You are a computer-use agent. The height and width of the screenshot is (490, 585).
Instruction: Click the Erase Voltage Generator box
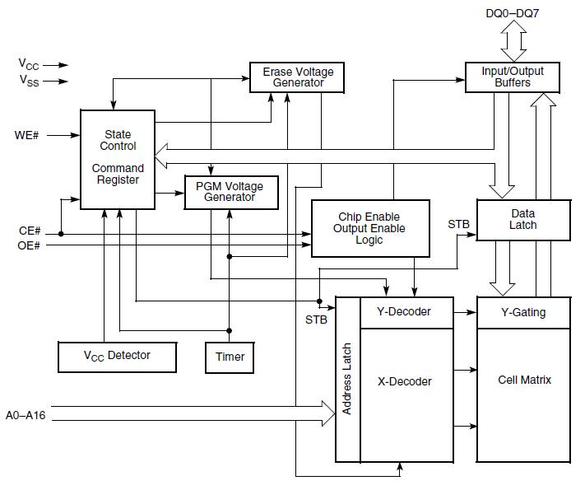(x=298, y=77)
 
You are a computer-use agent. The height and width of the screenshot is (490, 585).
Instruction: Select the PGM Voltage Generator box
(x=230, y=192)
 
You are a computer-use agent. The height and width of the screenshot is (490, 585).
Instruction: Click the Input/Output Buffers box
(x=517, y=77)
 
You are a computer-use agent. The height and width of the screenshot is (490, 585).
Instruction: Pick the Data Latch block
(x=522, y=219)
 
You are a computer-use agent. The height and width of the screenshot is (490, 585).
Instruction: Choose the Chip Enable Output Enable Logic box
(x=370, y=228)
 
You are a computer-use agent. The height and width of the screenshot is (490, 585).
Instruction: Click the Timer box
(x=230, y=357)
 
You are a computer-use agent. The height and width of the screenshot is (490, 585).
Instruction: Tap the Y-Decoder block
(x=403, y=311)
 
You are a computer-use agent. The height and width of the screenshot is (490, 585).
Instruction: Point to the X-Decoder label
(x=404, y=381)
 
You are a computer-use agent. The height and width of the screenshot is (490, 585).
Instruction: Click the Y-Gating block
(x=522, y=312)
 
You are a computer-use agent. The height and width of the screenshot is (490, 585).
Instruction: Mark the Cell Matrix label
(x=524, y=380)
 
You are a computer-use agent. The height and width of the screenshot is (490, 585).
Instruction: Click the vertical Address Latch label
(x=347, y=379)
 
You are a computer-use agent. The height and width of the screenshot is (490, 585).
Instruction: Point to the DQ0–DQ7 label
(x=513, y=12)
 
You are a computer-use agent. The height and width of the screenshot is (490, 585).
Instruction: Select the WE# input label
(x=27, y=134)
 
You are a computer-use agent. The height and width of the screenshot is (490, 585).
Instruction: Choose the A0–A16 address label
(x=26, y=415)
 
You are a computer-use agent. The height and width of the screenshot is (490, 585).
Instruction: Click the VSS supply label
(x=28, y=80)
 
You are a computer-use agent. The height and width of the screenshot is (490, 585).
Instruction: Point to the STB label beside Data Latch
(x=459, y=224)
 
